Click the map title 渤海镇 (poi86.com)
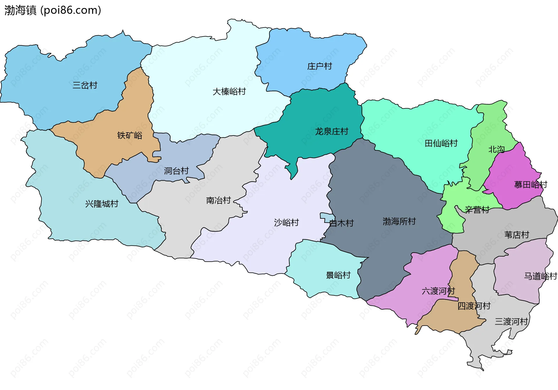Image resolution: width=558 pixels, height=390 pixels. [x=53, y=10]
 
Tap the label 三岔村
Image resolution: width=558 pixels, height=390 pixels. [x=85, y=85]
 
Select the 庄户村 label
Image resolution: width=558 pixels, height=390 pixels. [x=319, y=66]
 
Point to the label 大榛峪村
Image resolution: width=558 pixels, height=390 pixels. [x=229, y=92]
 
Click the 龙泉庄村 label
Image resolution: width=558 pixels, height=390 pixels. [x=332, y=131]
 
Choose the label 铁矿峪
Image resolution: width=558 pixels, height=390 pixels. [x=130, y=135]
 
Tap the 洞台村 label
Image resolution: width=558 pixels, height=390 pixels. [x=176, y=171]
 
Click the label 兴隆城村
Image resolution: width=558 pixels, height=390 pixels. [x=102, y=204]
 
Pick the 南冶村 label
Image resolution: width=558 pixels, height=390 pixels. [x=218, y=200]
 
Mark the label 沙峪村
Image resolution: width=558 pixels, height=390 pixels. [x=286, y=222]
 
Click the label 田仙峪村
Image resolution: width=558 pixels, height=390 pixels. [x=441, y=143]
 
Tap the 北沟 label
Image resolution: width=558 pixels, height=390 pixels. [x=496, y=149]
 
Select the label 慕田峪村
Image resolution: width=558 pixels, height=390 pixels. [x=530, y=184]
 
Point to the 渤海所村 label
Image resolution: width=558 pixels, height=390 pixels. [x=399, y=221]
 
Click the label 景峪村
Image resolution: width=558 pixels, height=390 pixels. [x=338, y=275]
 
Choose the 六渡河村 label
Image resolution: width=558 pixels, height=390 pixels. [x=438, y=291]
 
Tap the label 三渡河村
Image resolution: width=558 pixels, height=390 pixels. [x=511, y=322]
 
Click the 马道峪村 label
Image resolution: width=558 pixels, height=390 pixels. [x=540, y=276]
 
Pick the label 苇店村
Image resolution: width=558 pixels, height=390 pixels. [x=516, y=235]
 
